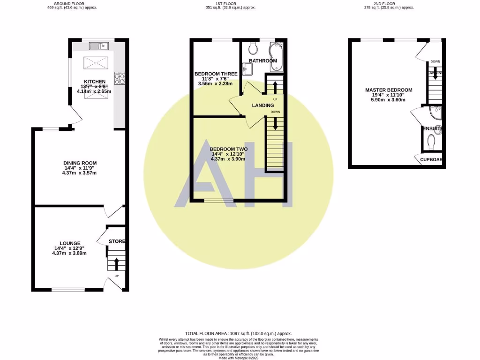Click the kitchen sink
pyautogui.click(x=98, y=45)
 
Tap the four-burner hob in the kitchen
pyautogui.click(x=119, y=79)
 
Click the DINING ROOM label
pyautogui.click(x=80, y=163)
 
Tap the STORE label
pyautogui.click(x=117, y=241)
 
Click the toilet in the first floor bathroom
pyautogui.click(x=253, y=48)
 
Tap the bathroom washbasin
pyautogui.click(x=248, y=68)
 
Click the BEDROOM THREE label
pyautogui.click(x=216, y=74)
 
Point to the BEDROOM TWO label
pyautogui.click(x=230, y=149)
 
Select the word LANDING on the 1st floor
pyautogui.click(x=262, y=105)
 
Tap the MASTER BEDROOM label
pyautogui.click(x=389, y=90)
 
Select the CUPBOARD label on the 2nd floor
pyautogui.click(x=431, y=160)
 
